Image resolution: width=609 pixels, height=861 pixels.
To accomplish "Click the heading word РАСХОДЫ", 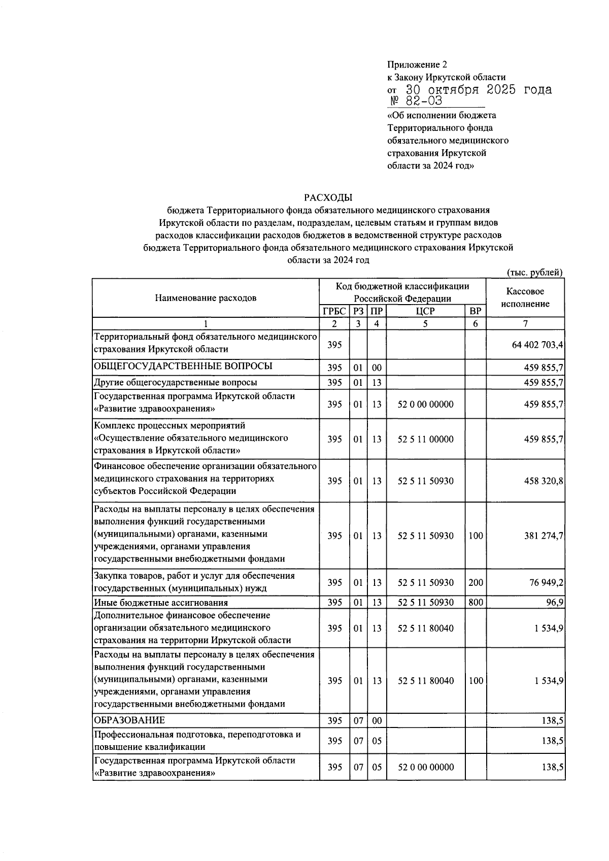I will pyautogui.click(x=328, y=197).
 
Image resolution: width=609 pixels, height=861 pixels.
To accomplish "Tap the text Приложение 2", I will pyautogui.click(x=417, y=64).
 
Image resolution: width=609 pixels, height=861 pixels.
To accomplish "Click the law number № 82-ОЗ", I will pyautogui.click(x=416, y=101).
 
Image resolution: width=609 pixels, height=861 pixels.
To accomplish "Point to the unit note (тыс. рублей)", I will pyautogui.click(x=535, y=273).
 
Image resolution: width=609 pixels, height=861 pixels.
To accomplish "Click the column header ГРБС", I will pyautogui.click(x=334, y=311).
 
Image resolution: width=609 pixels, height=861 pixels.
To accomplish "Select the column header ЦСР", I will pyautogui.click(x=425, y=311).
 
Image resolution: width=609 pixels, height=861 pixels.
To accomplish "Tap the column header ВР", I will pyautogui.click(x=475, y=311).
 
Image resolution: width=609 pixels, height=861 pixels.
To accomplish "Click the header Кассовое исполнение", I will pyautogui.click(x=525, y=297).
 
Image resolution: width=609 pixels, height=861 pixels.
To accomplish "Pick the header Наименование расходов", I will pyautogui.click(x=206, y=298).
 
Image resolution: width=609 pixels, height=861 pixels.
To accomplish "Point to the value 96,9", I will pyautogui.click(x=554, y=603).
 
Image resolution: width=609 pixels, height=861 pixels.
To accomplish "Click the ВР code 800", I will pyautogui.click(x=476, y=603).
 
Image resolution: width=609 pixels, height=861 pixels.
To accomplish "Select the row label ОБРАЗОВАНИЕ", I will pyautogui.click(x=129, y=720).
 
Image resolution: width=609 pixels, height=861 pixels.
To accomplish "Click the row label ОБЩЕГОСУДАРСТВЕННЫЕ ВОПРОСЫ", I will pyautogui.click(x=183, y=366).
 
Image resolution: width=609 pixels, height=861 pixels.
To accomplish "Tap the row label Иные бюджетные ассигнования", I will pyautogui.click(x=161, y=603).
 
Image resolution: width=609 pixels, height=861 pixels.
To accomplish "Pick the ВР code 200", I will pyautogui.click(x=476, y=582).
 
